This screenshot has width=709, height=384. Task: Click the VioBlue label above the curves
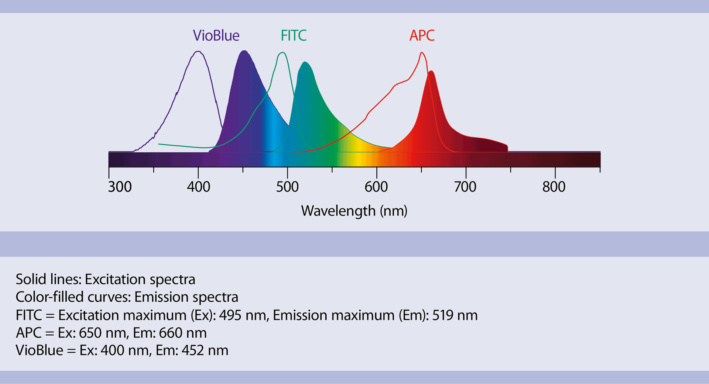[216, 35]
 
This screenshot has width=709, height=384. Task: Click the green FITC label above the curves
[294, 35]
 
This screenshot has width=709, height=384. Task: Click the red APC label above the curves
[422, 35]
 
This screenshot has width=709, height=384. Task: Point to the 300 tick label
[120, 187]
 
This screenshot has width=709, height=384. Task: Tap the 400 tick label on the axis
[198, 187]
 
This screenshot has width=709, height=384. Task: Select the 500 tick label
[287, 187]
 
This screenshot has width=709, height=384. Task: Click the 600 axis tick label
[376, 187]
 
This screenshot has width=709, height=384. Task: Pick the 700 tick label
[465, 187]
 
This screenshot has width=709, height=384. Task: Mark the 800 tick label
[554, 187]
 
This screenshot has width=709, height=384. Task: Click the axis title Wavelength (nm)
[354, 211]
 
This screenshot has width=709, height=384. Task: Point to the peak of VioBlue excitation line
[198, 52]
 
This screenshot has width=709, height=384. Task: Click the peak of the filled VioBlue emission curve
[244, 51]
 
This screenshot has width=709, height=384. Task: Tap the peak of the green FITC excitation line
[282, 53]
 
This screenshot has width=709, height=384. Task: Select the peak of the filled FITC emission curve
[305, 62]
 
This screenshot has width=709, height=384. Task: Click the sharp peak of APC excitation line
[422, 53]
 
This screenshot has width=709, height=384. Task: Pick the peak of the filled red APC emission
[431, 71]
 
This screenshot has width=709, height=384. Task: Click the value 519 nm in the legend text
[455, 315]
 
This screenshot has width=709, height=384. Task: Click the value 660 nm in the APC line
[182, 333]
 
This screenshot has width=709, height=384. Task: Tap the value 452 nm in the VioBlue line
[205, 350]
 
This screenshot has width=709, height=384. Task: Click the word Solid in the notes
[29, 279]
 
